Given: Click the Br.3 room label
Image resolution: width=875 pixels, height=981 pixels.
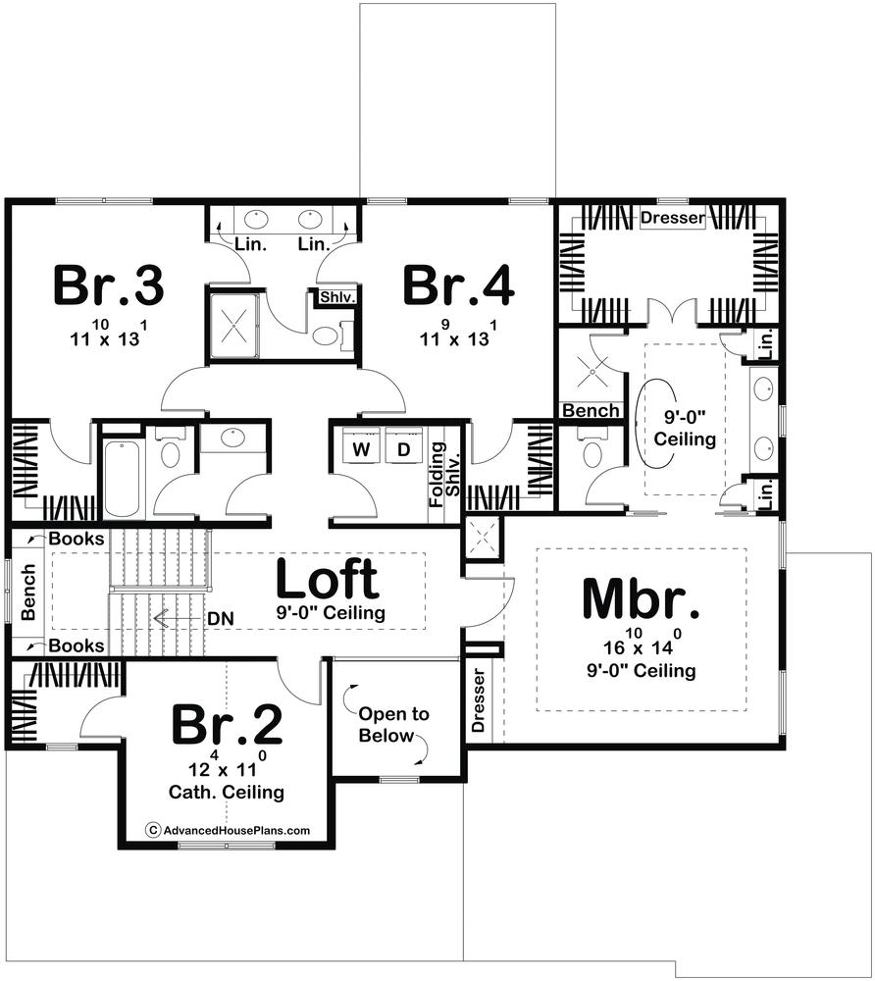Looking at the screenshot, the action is pos(109,285).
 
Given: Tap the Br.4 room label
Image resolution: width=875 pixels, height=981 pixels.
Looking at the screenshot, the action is pos(458,285).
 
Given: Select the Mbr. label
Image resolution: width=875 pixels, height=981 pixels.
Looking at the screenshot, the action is pos(641,598).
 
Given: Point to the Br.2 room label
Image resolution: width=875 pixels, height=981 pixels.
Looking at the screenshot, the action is pos(227,724).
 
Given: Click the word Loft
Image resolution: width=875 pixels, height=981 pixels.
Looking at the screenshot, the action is pos(327,578).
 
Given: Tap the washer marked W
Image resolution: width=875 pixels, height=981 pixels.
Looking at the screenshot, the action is pos(361,448).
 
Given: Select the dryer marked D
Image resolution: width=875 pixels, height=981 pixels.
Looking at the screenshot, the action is pos(404,448).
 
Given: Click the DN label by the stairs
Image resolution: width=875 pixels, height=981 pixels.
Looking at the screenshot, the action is pos(221,619).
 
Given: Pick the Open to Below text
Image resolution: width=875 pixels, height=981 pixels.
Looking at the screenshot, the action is pos(393,725).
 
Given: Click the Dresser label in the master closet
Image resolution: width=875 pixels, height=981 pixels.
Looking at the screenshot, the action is pos(673,218).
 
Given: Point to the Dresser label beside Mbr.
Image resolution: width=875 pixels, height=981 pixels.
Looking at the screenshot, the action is pos(479,700).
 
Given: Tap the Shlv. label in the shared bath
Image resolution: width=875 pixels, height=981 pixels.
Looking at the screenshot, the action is pos(337,296).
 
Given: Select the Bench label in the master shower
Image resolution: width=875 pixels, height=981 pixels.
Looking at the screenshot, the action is pos(592,410).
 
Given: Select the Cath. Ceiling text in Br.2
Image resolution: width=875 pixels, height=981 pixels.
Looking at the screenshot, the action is pos(227,792).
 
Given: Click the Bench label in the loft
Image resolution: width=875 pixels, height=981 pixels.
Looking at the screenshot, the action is pos(28,592).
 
